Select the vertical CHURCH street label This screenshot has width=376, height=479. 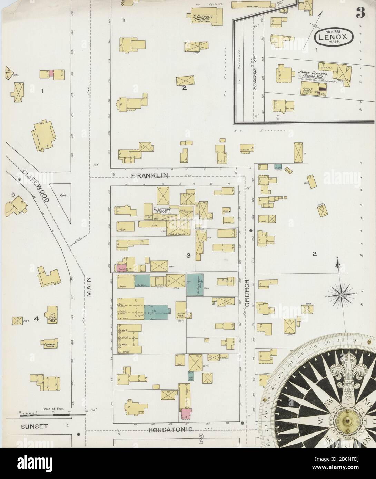click(247, 288)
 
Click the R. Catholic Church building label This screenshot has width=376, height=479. click(203, 17)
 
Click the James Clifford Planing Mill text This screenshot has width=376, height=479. click(310, 74)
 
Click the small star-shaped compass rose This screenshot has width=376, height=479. click(341, 295)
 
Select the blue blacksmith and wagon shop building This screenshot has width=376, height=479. click(195, 284)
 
